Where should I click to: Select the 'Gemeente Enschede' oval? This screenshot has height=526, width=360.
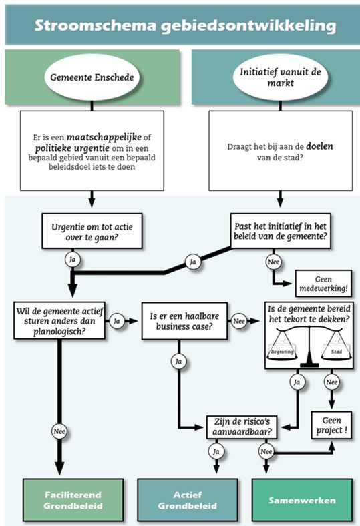point(91,77)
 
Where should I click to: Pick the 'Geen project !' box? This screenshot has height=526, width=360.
point(331,424)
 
